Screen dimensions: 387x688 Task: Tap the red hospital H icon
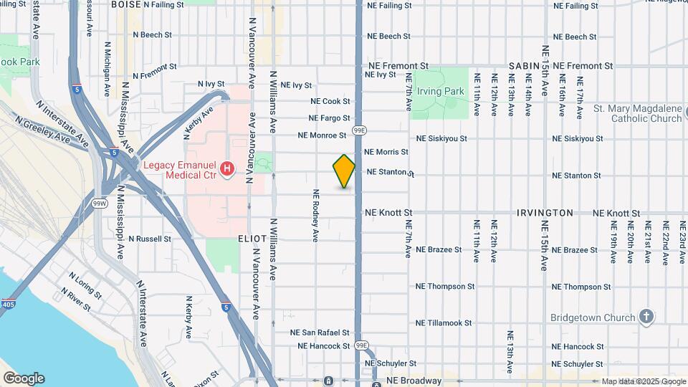pos(227,169)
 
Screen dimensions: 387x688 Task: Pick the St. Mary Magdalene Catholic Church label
pos(637,113)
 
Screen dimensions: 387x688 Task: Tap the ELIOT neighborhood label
pos(252,238)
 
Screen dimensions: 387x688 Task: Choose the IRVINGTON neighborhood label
pos(545,213)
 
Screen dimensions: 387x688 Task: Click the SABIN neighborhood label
pos(523,65)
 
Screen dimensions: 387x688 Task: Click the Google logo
pos(24,378)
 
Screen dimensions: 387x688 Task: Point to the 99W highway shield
pos(100,204)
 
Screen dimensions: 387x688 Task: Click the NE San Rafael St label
pos(320,333)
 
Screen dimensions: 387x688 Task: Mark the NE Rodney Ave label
pos(315,215)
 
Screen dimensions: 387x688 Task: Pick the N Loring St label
pos(85,284)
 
